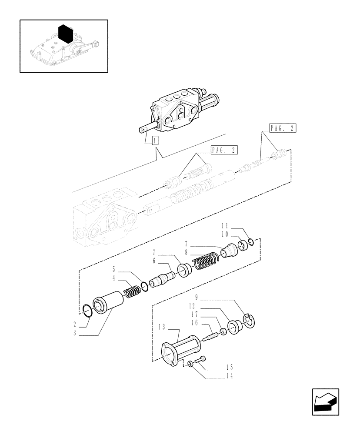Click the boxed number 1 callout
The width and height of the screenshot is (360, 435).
pos(155,140)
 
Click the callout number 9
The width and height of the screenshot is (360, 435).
pos(197,298)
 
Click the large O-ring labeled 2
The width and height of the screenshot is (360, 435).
pos(87,311)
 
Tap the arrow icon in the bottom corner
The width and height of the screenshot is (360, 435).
pos(325,402)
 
